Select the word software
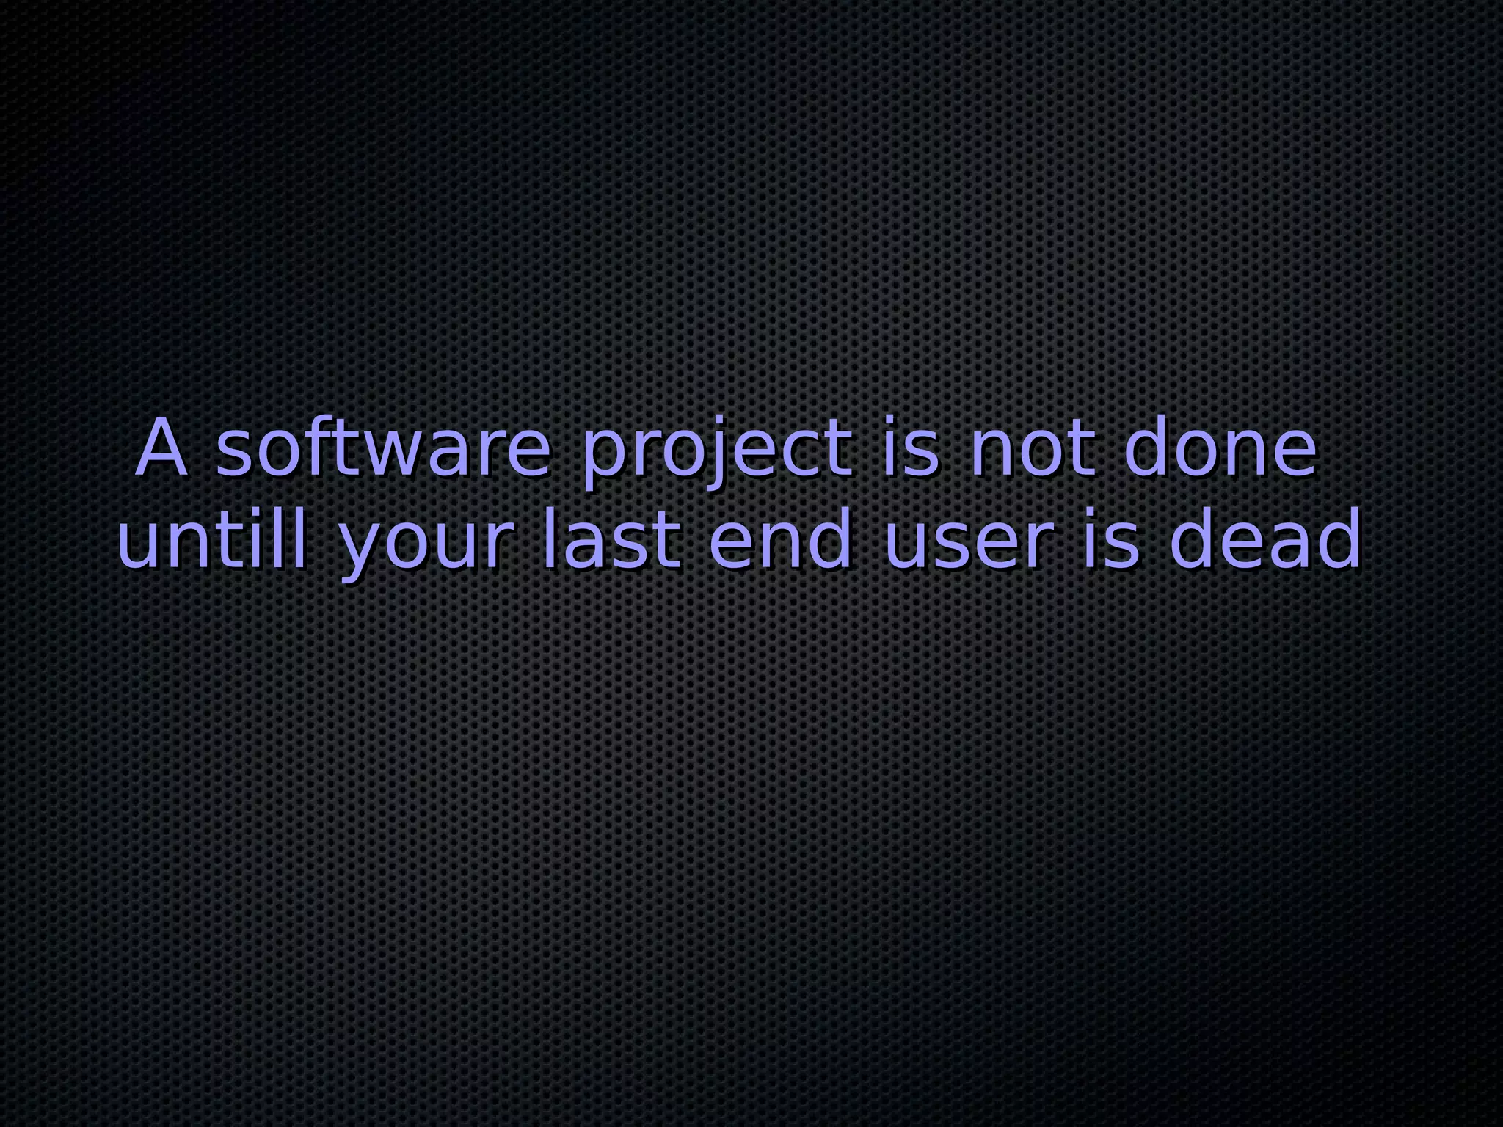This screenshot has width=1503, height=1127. pyautogui.click(x=382, y=449)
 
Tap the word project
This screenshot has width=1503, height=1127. pyautogui.click(x=717, y=449)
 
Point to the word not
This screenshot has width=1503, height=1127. pyautogui.click(x=1033, y=449)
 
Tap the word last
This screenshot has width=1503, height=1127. pyautogui.click(x=611, y=541)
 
